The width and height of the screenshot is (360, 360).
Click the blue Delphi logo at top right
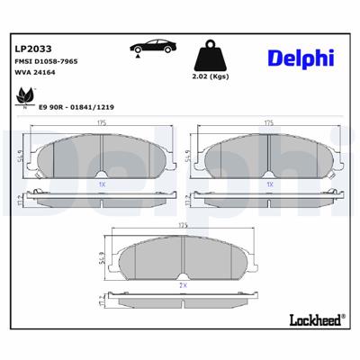[301, 58]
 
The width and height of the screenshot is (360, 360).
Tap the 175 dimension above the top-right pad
[267, 122]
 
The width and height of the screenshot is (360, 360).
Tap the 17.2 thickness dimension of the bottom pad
[101, 297]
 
